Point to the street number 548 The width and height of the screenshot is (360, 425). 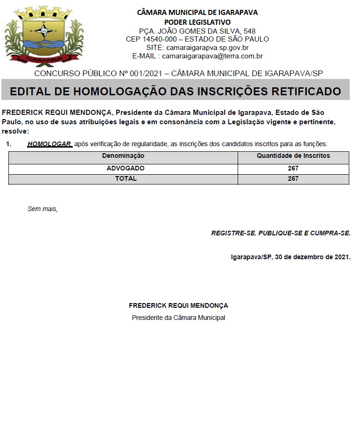(x=246, y=31)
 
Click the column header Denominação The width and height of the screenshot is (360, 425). (x=123, y=156)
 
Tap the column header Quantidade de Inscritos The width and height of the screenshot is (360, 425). (x=293, y=156)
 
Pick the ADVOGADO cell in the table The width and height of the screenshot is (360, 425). (x=126, y=168)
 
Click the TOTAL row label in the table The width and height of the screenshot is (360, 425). (x=126, y=178)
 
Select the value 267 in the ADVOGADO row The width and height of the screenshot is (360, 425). (x=293, y=168)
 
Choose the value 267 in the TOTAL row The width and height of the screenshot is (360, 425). (x=293, y=178)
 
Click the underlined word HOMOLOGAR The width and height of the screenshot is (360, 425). (x=49, y=144)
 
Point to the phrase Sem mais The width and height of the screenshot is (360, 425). (x=42, y=209)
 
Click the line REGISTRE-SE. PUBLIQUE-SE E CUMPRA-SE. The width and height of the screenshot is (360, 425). (x=281, y=233)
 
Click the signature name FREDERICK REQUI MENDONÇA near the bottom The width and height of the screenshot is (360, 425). (x=178, y=305)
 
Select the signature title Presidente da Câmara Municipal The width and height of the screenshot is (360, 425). (x=178, y=318)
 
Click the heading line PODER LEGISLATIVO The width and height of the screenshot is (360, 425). (x=197, y=22)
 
